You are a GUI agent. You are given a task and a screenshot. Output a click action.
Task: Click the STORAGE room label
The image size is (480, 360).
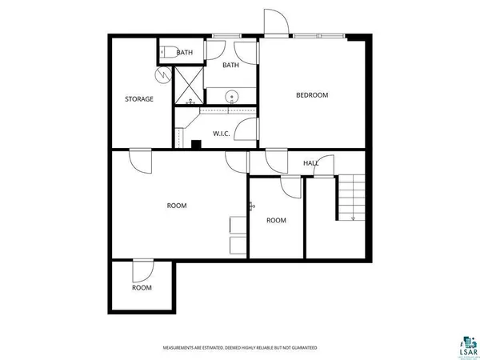point(138,99)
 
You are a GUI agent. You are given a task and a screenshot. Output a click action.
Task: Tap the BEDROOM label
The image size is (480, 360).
point(312,95)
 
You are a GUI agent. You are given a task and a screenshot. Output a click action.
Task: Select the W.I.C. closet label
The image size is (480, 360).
point(221,134)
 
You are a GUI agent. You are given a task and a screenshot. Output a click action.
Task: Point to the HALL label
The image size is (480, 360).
point(310,163)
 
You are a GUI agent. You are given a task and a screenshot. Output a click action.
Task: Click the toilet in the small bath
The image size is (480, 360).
point(166,53)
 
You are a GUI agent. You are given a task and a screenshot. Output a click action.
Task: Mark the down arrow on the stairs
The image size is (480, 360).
point(353,217)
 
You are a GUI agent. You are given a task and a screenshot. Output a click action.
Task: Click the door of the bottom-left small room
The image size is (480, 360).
point(142,270)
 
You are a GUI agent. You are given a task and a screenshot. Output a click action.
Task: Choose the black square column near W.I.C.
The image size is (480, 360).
point(195,144)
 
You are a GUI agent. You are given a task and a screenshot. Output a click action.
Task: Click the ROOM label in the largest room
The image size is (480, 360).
point(176,206)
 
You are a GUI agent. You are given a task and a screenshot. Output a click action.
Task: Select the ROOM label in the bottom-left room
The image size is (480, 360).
point(142,288)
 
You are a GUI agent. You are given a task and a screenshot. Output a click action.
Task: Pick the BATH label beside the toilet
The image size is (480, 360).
point(185,53)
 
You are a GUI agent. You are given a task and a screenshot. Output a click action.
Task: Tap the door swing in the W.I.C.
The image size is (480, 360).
point(250,130)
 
